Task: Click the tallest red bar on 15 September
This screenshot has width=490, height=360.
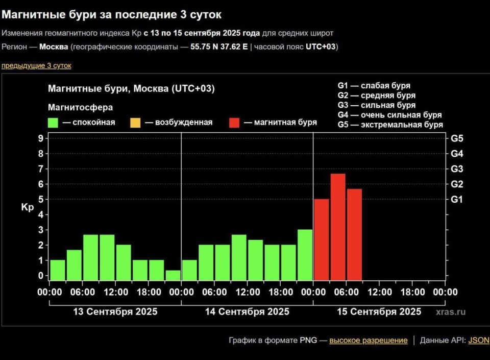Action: [337, 227]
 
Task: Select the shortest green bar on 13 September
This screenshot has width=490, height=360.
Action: [173, 275]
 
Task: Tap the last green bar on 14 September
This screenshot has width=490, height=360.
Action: [305, 254]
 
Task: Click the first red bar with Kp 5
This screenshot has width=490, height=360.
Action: [321, 239]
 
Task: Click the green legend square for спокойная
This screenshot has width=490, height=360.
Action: [53, 123]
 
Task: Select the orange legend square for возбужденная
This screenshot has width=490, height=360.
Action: [135, 123]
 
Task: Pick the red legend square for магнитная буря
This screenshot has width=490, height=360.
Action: [234, 123]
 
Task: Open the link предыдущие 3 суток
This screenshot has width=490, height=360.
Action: [36, 66]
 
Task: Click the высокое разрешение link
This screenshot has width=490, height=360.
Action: [368, 341]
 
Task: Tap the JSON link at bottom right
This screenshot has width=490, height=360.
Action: [478, 341]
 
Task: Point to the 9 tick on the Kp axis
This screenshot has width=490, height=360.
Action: [40, 138]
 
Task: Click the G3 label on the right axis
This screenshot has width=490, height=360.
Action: [456, 169]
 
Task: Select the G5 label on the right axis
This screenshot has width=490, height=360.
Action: [456, 138]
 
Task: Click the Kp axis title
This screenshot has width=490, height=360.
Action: [27, 207]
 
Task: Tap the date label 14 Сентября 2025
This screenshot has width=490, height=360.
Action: [247, 311]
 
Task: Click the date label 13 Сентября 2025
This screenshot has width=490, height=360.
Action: [115, 311]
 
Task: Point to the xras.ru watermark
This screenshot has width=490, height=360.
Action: [451, 312]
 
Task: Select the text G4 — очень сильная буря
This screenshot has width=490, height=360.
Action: [389, 115]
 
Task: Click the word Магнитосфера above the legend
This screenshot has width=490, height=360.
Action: [80, 108]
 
